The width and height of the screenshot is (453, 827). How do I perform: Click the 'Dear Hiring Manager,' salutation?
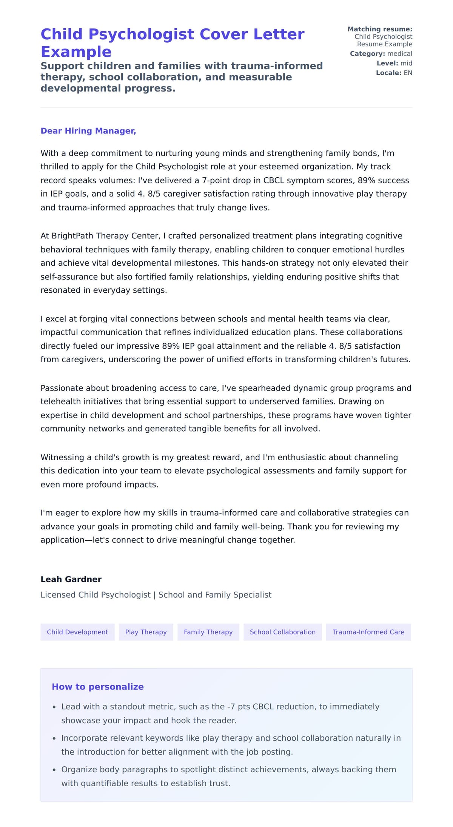pyautogui.click(x=88, y=131)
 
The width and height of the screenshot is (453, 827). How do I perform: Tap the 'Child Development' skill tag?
pyautogui.click(x=77, y=632)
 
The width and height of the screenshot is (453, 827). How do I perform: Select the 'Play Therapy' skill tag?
pyautogui.click(x=146, y=632)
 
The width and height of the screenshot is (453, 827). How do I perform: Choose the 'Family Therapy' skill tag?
pyautogui.click(x=208, y=632)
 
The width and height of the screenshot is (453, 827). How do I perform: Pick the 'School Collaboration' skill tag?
pyautogui.click(x=282, y=632)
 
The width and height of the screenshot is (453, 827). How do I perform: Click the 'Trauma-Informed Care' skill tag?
pyautogui.click(x=368, y=632)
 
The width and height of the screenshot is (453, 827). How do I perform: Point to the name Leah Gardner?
pyautogui.click(x=71, y=579)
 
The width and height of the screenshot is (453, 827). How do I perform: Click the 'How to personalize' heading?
pyautogui.click(x=97, y=687)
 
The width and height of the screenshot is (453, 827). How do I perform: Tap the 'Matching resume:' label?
pyautogui.click(x=379, y=29)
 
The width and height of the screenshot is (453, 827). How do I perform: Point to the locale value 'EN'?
pyautogui.click(x=408, y=73)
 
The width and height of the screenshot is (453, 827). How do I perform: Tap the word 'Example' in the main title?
pyautogui.click(x=76, y=52)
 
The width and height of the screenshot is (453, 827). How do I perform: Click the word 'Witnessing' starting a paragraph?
pyautogui.click(x=62, y=457)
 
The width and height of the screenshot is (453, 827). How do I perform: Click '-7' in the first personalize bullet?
pyautogui.click(x=231, y=707)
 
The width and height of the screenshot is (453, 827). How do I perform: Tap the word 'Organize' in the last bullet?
pyautogui.click(x=78, y=770)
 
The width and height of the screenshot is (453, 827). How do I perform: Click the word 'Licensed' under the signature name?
pyautogui.click(x=58, y=595)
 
